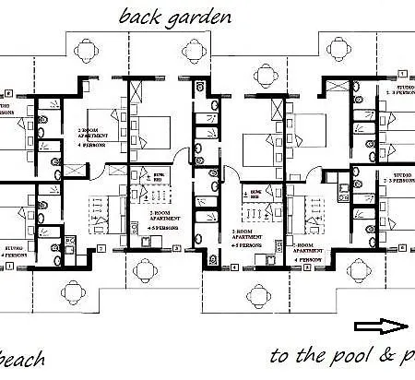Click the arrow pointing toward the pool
[x=380, y=326]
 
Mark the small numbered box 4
[x=235, y=267]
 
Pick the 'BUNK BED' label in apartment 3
[x=159, y=175]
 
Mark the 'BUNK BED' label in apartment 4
[x=249, y=194]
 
